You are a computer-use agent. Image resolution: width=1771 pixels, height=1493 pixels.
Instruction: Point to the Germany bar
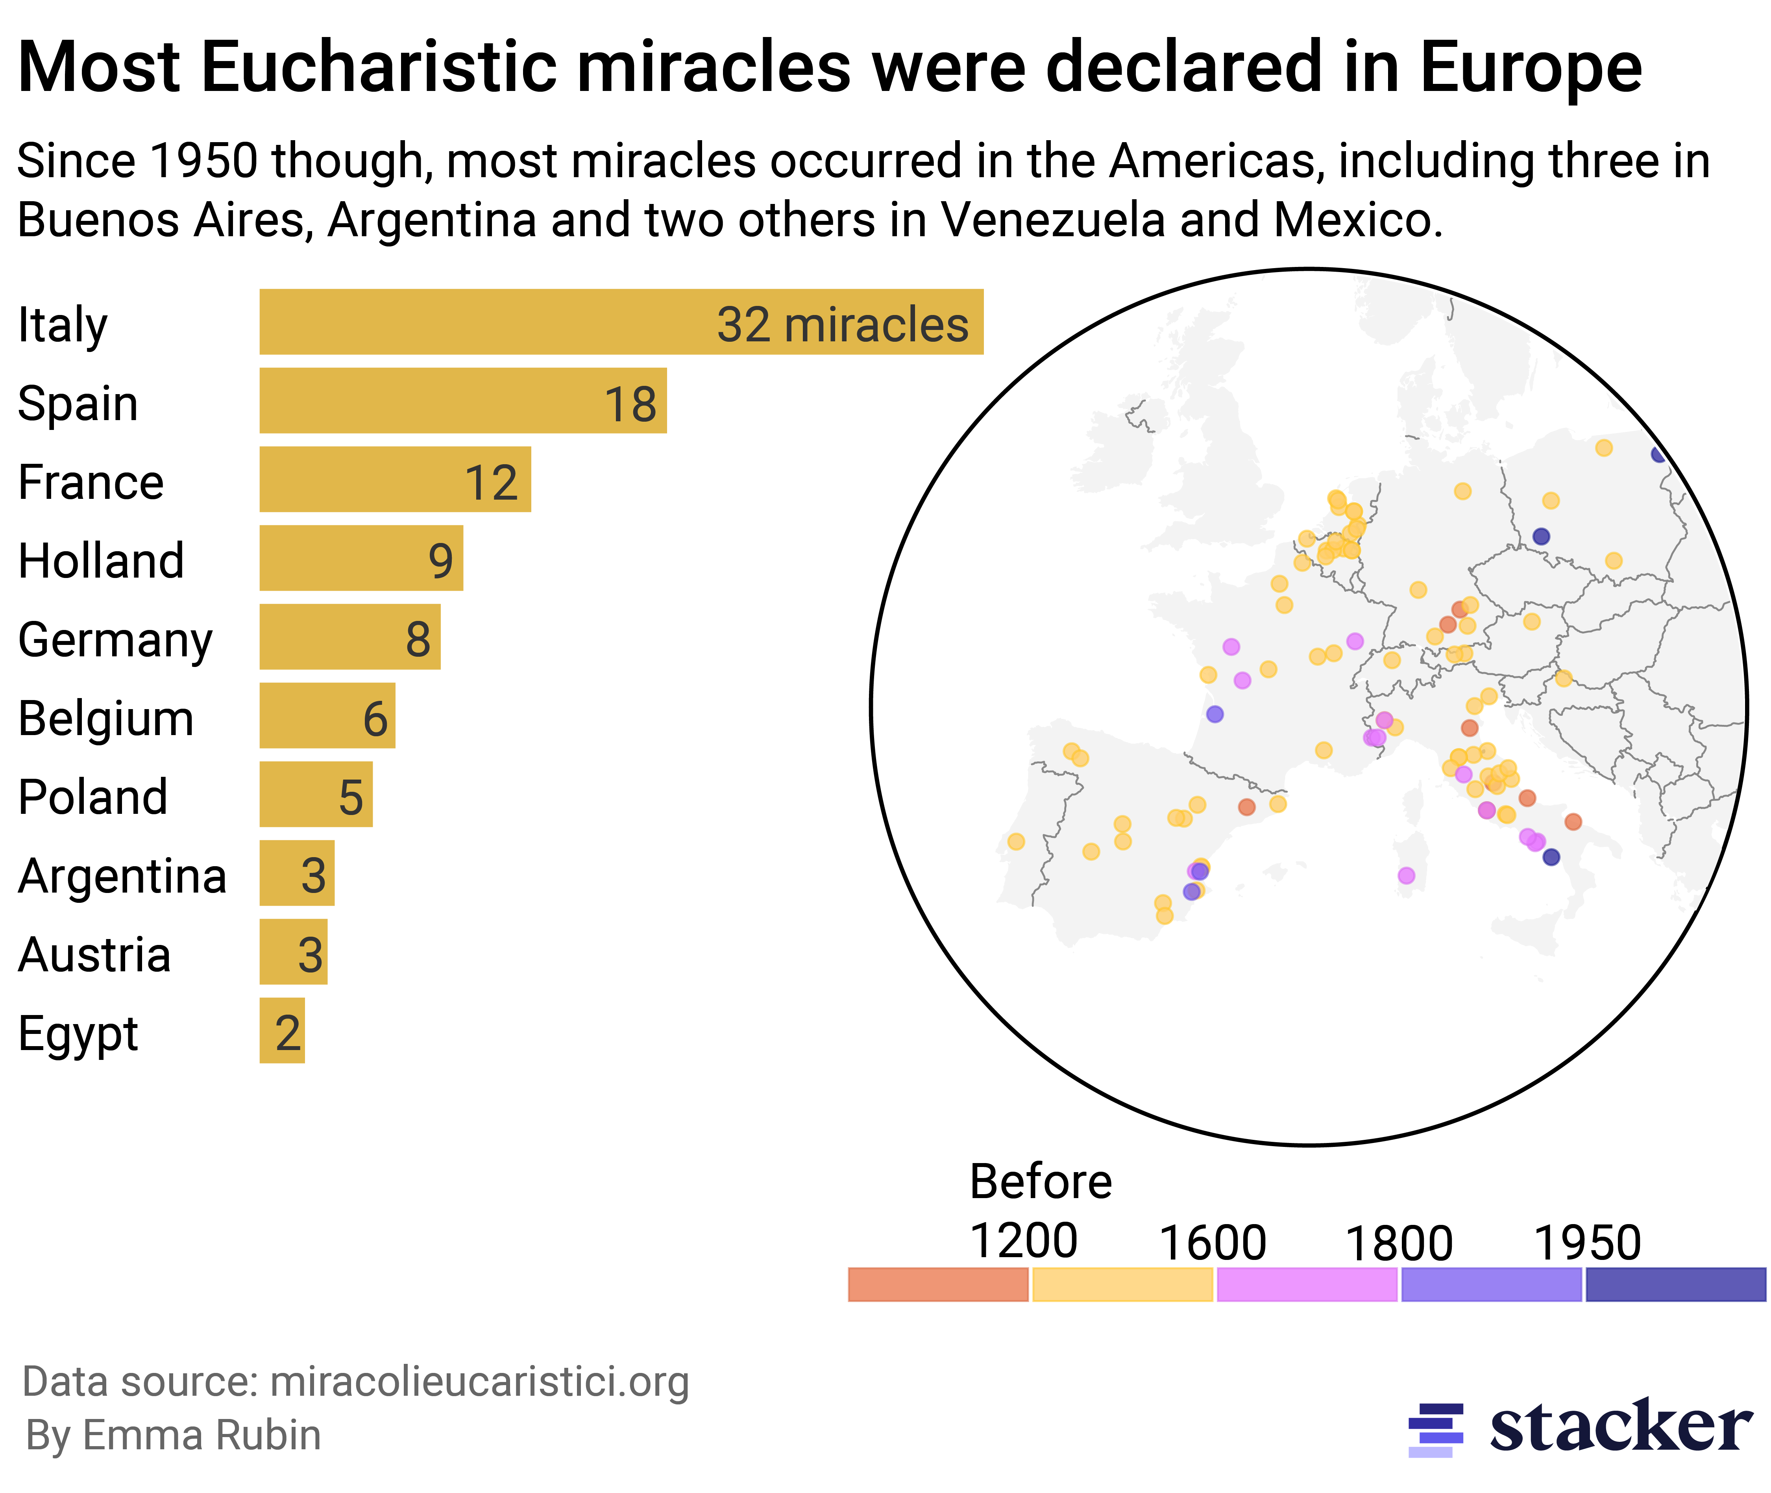[x=349, y=637]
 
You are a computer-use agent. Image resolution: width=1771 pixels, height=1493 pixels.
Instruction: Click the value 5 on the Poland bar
[x=350, y=797]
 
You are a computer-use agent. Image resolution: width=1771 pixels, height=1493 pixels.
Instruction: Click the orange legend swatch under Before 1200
[x=937, y=1284]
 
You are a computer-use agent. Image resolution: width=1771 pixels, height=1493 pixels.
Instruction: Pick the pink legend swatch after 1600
[x=1307, y=1284]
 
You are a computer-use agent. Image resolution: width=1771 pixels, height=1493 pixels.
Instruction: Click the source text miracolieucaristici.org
[x=479, y=1381]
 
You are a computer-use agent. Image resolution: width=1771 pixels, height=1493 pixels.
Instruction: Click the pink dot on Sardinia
[x=1405, y=875]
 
